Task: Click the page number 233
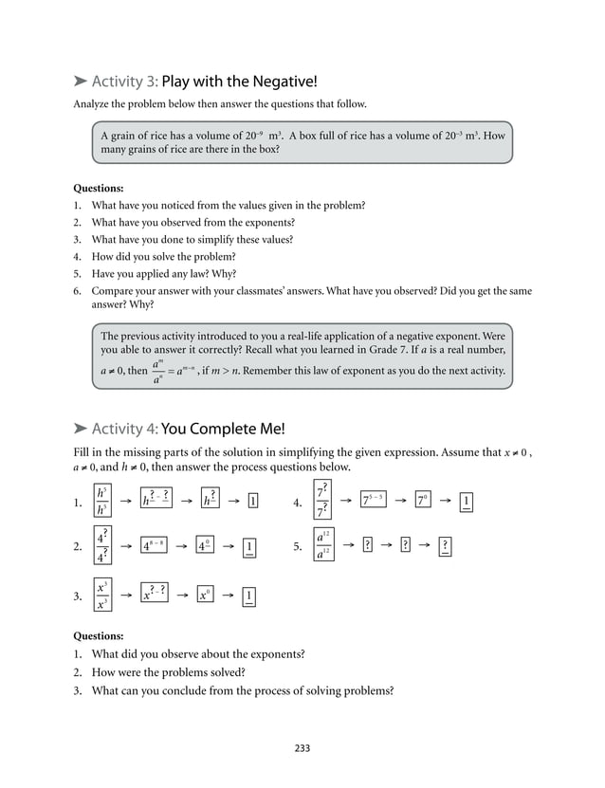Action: pyautogui.click(x=302, y=748)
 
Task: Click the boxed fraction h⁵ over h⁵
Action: pyautogui.click(x=101, y=502)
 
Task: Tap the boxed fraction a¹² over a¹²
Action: pyautogui.click(x=324, y=546)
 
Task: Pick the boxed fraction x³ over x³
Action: pyautogui.click(x=101, y=595)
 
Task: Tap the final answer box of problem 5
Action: pyautogui.click(x=445, y=546)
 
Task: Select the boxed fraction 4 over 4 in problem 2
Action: pyautogui.click(x=101, y=546)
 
